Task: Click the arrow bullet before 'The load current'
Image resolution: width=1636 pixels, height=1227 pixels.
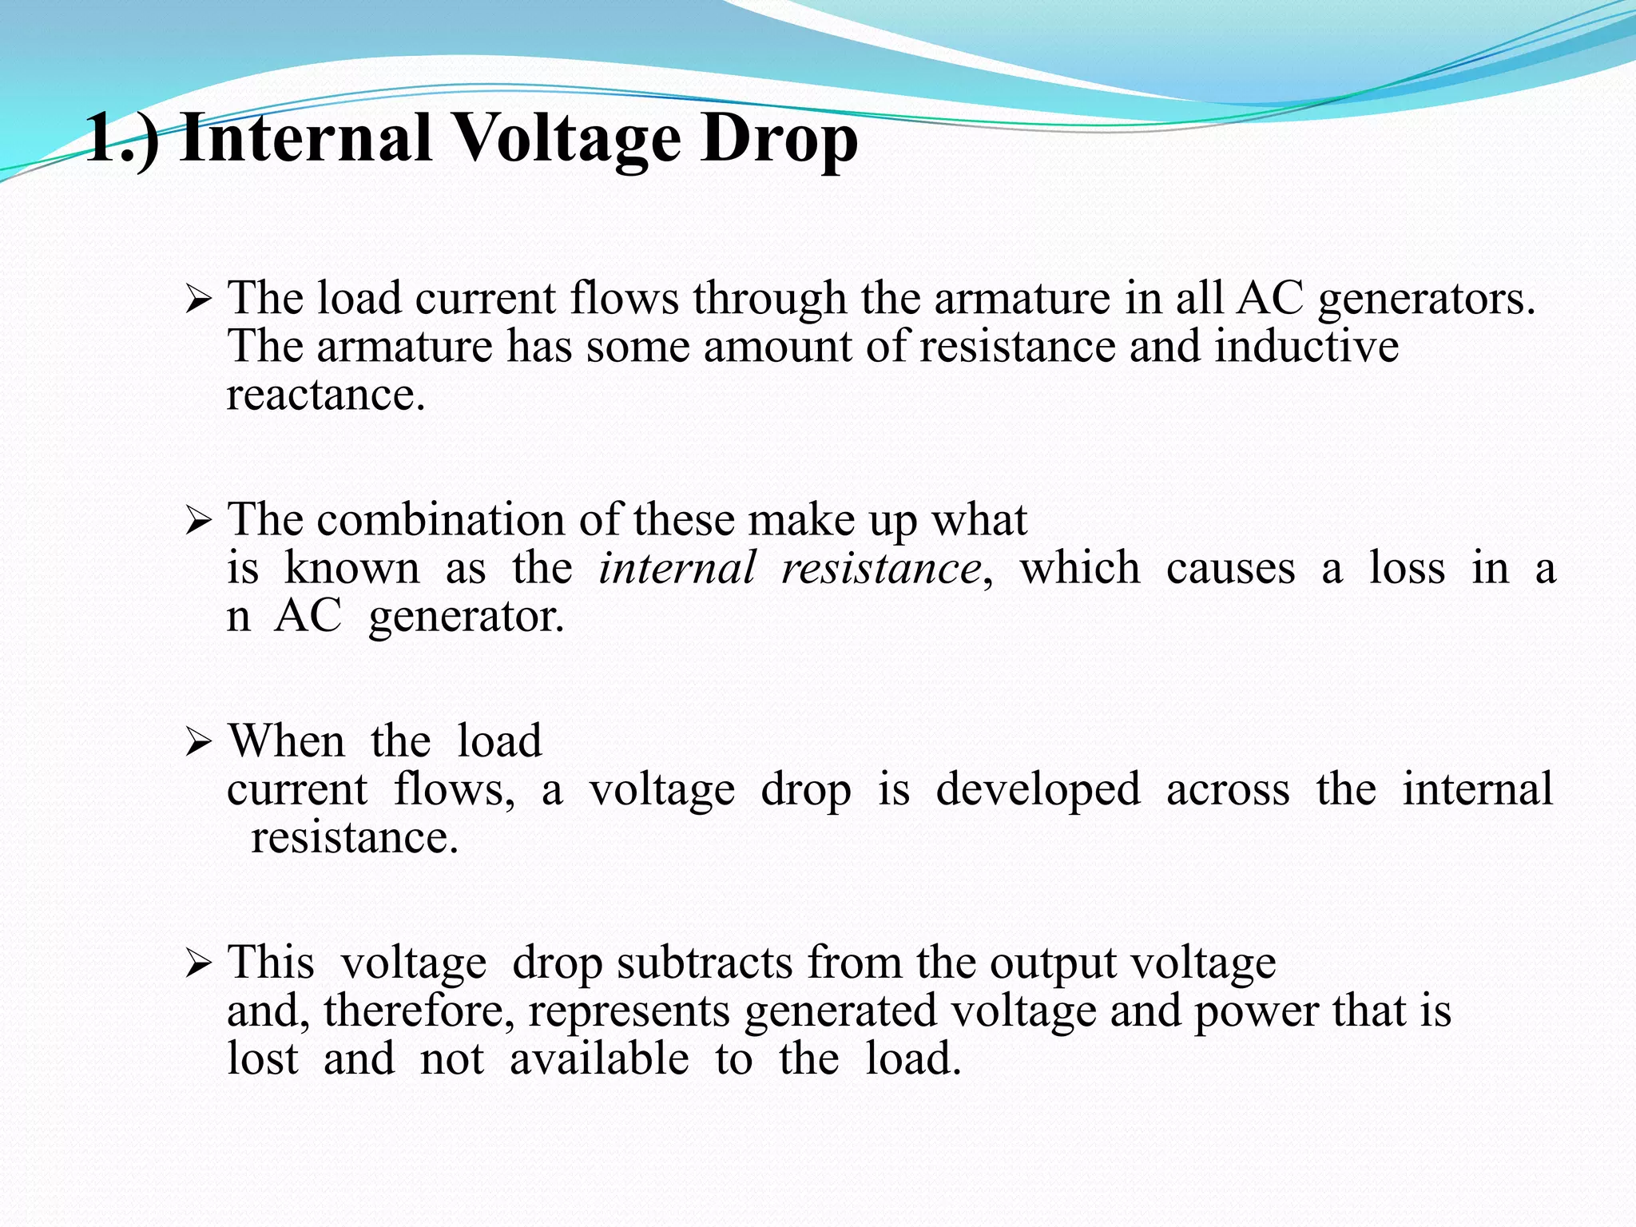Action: coord(197,302)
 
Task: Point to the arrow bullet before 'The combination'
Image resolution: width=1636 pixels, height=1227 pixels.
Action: coord(197,523)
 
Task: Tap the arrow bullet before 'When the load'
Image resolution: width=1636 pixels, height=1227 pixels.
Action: coord(197,745)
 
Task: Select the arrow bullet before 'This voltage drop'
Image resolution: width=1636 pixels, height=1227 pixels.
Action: coord(197,965)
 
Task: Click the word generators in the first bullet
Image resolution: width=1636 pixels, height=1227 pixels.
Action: coord(1426,300)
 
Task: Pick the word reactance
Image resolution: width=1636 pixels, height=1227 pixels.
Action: coord(325,395)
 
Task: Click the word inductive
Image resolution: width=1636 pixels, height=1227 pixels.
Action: coord(1306,347)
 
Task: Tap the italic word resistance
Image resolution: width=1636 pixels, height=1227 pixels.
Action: coord(881,569)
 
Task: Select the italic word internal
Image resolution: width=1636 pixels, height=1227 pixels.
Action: coord(677,569)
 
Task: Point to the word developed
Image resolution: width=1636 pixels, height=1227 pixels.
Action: coord(1038,791)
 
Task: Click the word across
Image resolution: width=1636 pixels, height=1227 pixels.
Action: coord(1228,791)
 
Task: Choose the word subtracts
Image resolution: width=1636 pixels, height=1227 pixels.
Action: coord(705,963)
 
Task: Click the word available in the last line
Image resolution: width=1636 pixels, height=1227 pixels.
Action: coord(599,1059)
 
